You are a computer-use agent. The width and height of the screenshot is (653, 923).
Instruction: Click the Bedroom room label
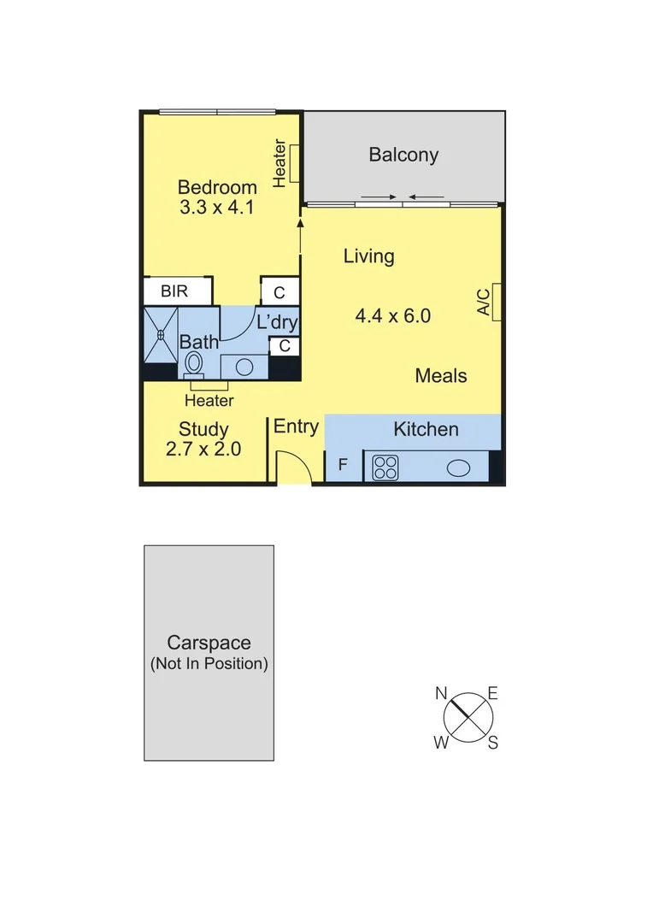coord(217,187)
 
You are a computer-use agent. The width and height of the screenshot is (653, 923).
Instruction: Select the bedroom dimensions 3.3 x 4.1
coord(217,208)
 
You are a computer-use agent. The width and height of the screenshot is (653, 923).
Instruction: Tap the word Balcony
coord(403,155)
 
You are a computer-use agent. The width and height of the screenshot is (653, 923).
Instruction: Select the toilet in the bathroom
coord(194,362)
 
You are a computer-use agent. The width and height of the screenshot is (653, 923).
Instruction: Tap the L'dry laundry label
coord(277,323)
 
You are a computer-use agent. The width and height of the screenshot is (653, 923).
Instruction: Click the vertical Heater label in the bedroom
coord(279,162)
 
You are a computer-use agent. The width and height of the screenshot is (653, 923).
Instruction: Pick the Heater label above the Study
coord(209,400)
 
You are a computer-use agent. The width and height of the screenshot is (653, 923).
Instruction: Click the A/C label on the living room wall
coord(483,303)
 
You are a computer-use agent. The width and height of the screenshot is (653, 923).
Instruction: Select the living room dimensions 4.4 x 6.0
coord(392,316)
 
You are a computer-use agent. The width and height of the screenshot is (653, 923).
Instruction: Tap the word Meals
coord(441,375)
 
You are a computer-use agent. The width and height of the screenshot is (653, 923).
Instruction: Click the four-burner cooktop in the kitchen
coord(385,467)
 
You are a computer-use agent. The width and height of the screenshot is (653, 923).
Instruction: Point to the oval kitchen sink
coord(458,467)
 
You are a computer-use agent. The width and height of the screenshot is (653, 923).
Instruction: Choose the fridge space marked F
coord(343,466)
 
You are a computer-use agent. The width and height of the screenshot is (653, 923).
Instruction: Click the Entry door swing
coord(292,470)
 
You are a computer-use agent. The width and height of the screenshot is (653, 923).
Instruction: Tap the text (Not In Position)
coord(209,663)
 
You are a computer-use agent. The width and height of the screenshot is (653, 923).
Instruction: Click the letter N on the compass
coord(442,693)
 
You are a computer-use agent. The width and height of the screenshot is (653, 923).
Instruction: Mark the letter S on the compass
coord(493,743)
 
